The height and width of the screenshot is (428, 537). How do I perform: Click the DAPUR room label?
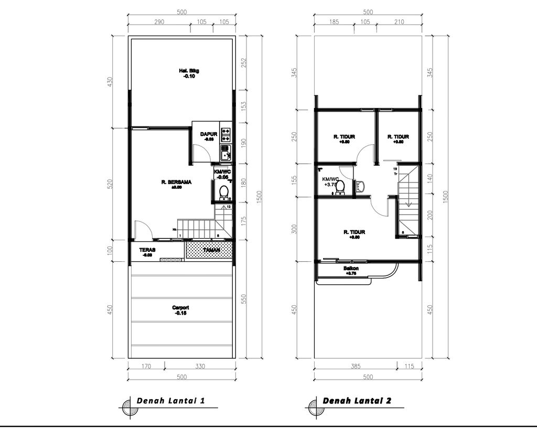208,134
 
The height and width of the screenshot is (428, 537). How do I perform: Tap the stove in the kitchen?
226,135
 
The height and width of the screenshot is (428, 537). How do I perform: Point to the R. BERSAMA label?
176,183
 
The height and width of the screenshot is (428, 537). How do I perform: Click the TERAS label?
147,250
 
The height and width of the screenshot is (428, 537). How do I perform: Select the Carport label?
180,308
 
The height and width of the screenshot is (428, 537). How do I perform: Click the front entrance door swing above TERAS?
143,230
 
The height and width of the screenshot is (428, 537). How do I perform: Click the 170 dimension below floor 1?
146,367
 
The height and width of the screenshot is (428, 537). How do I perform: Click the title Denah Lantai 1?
170,401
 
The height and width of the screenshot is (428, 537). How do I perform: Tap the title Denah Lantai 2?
357,401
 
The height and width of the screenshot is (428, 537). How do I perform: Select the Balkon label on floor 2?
351,269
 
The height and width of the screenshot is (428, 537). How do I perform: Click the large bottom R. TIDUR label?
355,232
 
